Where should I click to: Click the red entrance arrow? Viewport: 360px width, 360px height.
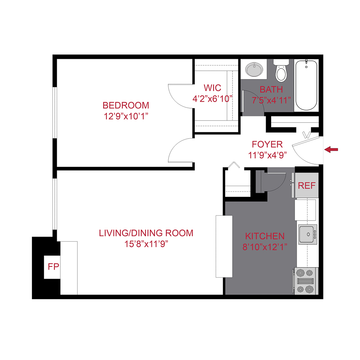(x=331, y=150)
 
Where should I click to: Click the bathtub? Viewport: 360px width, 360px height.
(x=306, y=86)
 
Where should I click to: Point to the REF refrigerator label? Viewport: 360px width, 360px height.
(x=307, y=186)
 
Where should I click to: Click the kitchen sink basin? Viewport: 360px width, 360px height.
(x=306, y=232)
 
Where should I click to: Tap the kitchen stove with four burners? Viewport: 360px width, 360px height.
(x=306, y=281)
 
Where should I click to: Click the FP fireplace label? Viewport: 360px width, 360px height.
(x=53, y=267)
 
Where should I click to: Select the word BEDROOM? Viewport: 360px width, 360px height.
(x=126, y=106)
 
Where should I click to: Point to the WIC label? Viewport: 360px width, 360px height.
(x=212, y=88)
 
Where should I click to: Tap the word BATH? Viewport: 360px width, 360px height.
(x=271, y=89)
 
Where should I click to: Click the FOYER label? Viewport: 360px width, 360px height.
(x=267, y=144)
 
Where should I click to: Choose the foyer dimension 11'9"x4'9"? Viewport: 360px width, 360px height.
(x=267, y=155)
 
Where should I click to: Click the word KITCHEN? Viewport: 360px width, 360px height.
(x=265, y=236)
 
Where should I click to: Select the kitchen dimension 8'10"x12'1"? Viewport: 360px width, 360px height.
(x=265, y=247)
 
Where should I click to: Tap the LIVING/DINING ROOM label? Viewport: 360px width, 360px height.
(x=146, y=233)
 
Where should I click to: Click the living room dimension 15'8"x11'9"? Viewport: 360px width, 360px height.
(x=146, y=244)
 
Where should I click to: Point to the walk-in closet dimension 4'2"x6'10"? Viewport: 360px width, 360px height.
(x=212, y=99)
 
